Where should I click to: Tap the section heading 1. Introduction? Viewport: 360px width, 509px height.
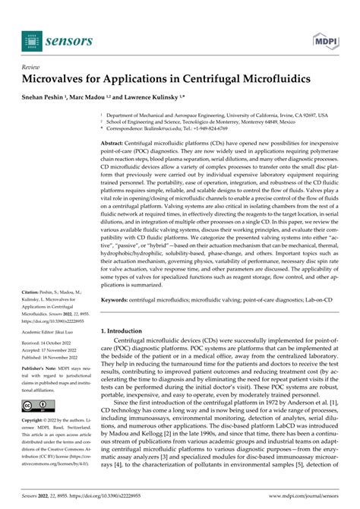coord(126,331)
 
